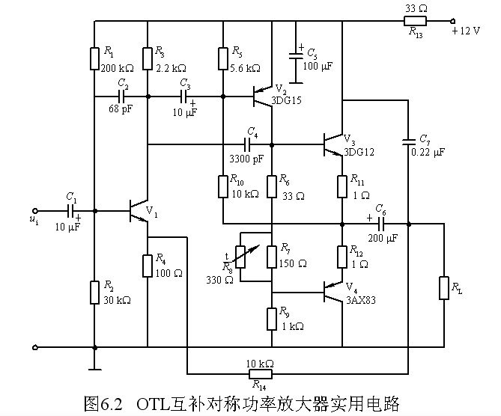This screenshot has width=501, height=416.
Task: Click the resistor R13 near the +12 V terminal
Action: (x=414, y=21)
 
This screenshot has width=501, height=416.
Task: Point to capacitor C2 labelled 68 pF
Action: (x=121, y=97)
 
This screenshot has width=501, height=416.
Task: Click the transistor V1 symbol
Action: (x=139, y=211)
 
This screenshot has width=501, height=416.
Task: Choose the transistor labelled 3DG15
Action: (x=261, y=96)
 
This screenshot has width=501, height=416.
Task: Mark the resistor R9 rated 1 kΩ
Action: (x=271, y=318)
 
